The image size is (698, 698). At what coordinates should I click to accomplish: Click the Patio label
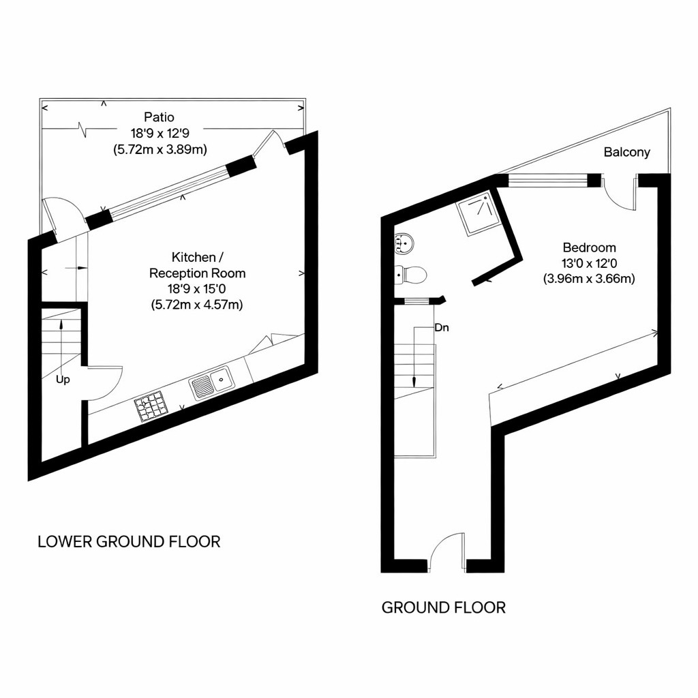click(x=159, y=118)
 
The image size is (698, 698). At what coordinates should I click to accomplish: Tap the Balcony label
click(x=626, y=153)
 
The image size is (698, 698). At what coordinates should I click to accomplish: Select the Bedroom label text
click(x=589, y=247)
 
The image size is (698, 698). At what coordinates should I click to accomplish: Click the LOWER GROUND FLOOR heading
click(x=129, y=542)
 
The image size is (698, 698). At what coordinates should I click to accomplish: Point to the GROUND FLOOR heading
click(x=443, y=607)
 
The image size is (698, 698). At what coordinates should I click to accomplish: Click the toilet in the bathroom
click(x=412, y=275)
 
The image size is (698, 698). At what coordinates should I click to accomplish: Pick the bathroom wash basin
click(x=404, y=243)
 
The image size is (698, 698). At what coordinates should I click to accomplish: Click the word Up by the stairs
click(x=63, y=380)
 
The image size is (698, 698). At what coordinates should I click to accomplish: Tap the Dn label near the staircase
click(x=442, y=328)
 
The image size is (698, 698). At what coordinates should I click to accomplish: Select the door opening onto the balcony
click(x=620, y=192)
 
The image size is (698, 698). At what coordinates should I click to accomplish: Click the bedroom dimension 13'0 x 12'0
click(x=589, y=263)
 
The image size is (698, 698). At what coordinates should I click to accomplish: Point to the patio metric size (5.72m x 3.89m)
click(x=160, y=148)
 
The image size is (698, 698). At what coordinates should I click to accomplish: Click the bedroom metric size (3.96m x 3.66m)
click(x=589, y=278)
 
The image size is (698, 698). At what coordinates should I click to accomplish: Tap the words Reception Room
click(x=197, y=273)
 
